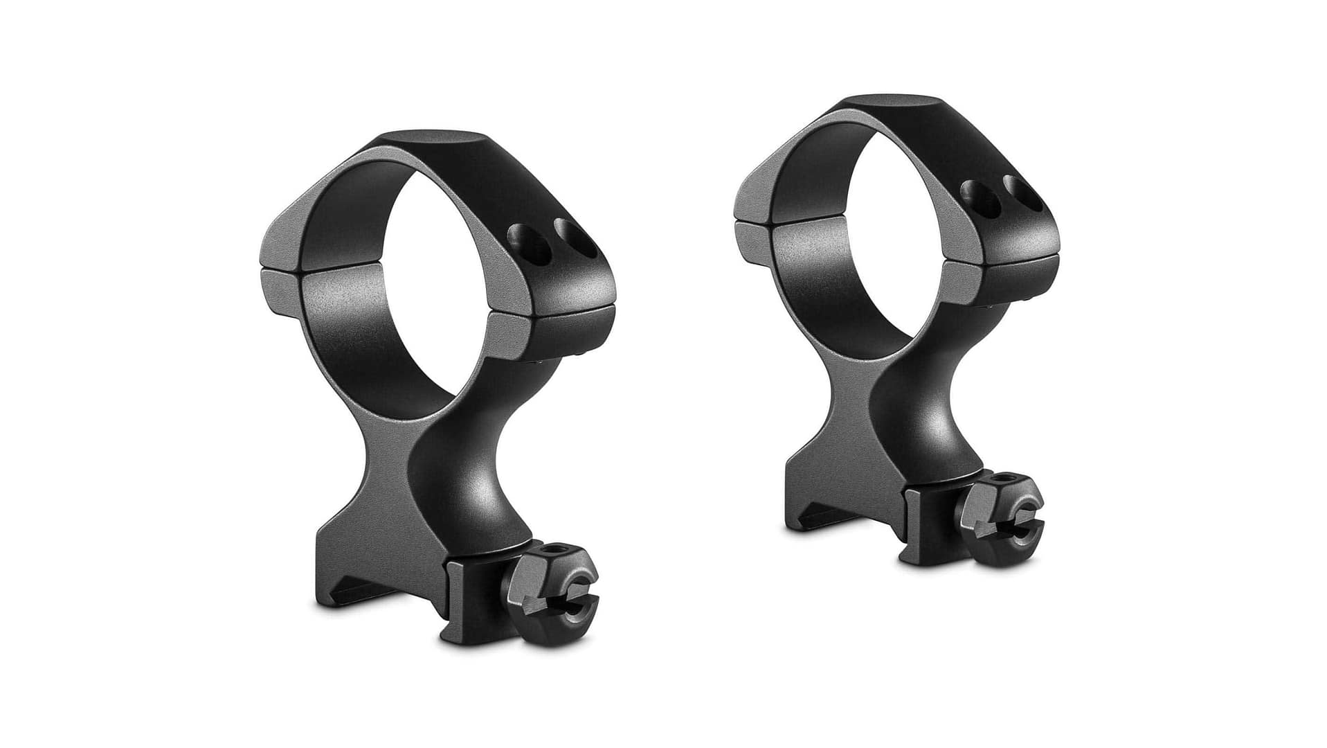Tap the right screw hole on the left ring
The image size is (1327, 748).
tap(562, 233)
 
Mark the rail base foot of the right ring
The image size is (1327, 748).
tap(838, 513)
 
